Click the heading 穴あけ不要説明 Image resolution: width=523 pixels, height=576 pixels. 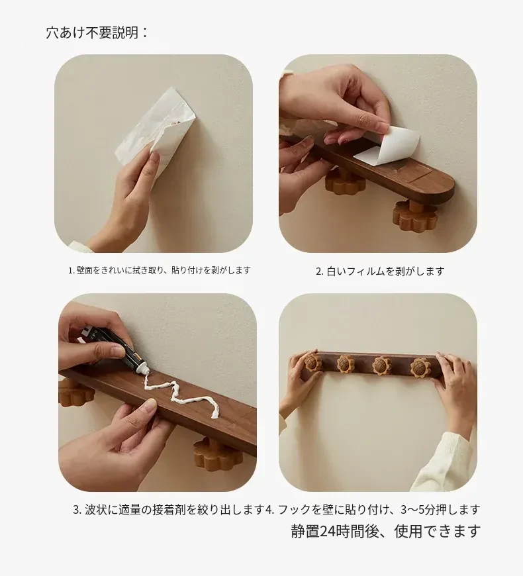(97, 32)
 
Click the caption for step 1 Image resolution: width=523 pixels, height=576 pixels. (160, 270)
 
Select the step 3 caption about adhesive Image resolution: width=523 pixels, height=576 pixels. (169, 510)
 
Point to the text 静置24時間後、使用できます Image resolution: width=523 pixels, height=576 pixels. (386, 531)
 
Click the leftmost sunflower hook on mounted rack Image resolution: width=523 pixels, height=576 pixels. (312, 362)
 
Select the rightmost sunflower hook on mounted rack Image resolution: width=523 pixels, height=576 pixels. (420, 367)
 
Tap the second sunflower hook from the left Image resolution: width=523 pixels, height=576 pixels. (346, 363)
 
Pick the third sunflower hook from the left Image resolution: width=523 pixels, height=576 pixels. (381, 365)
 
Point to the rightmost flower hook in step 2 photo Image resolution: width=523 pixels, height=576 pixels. (415, 217)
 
